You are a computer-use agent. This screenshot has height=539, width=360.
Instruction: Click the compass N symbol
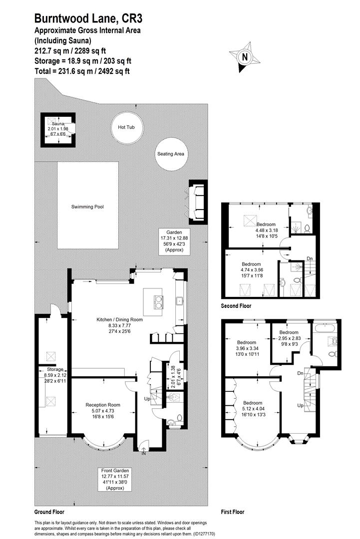pyautogui.click(x=245, y=57)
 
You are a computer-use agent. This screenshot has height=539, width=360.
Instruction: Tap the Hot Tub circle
pyautogui.click(x=126, y=127)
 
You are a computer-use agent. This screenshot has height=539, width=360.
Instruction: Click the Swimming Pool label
pyautogui.click(x=87, y=207)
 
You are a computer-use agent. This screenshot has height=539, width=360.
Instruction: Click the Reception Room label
pyautogui.click(x=103, y=405)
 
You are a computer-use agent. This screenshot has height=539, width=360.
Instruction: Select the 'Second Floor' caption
pyautogui.click(x=236, y=306)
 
